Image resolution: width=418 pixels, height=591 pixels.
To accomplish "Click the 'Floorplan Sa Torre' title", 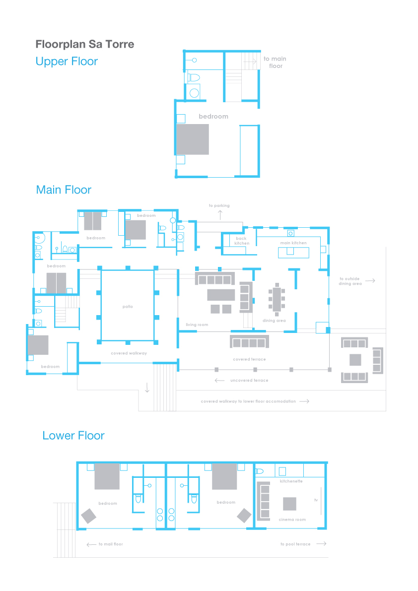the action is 85,44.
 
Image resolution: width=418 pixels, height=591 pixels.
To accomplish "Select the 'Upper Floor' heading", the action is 67,61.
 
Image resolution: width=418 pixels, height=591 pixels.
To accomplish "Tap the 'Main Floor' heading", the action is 64,190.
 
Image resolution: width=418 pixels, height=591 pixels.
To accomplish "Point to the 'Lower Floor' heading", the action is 73,435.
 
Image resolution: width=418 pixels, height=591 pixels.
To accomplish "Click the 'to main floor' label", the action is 275,62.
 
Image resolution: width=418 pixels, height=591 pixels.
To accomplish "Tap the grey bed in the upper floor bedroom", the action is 193,139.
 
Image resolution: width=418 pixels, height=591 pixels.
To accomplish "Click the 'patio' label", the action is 128,307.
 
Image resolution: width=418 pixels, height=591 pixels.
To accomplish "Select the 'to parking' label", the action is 219,205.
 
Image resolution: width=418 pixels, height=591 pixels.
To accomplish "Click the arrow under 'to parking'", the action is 220,215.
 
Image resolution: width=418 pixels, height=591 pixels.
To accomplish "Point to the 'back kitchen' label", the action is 242,241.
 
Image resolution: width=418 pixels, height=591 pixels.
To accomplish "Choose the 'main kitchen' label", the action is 293,243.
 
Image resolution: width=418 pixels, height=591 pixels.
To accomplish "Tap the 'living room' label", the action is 197,325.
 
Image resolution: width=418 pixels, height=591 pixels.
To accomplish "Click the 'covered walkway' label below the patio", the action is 129,353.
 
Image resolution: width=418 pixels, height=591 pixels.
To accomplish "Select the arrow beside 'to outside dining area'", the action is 370,280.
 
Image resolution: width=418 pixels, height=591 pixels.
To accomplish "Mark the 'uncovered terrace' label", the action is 250,380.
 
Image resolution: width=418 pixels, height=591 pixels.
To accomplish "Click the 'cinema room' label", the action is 292,520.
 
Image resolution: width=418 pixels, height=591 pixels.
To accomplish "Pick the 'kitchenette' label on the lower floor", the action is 291,481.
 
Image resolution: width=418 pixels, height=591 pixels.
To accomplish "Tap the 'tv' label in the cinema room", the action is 316,500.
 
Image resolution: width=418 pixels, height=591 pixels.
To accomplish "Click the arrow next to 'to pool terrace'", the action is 321,543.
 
